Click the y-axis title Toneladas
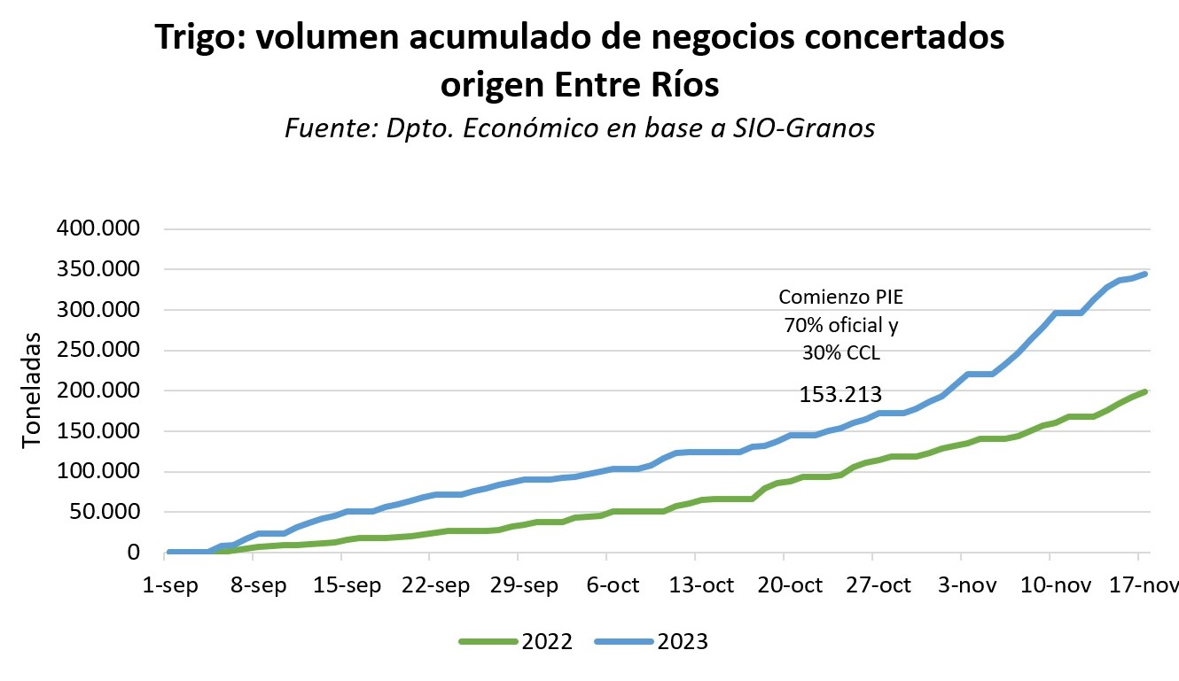[x=31, y=390]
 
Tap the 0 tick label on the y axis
[x=134, y=553]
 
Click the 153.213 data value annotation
[x=839, y=394]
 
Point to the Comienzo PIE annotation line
[x=839, y=298]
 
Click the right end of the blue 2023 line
[x=1146, y=274]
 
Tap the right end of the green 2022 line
[x=1146, y=391]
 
